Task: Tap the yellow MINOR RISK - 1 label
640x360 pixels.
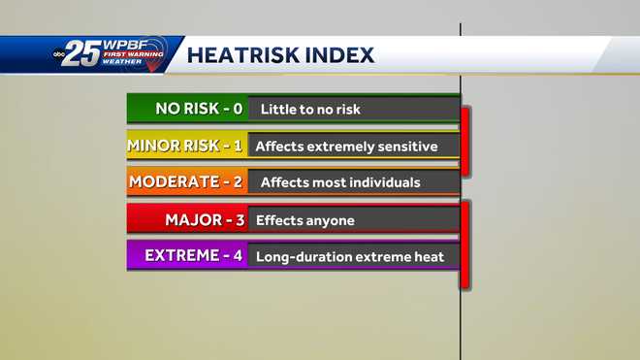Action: click(185, 147)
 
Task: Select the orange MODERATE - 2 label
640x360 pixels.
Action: click(186, 181)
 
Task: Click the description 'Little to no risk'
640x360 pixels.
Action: click(307, 110)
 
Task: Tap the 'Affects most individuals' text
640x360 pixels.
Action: click(340, 182)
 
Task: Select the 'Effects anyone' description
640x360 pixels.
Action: click(305, 221)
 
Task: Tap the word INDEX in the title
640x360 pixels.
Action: click(340, 55)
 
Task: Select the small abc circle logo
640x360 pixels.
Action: click(59, 54)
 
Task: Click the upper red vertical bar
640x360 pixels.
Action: click(465, 141)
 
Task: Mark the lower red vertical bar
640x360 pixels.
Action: click(465, 245)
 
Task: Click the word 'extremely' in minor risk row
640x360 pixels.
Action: click(345, 147)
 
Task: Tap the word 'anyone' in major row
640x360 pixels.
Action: click(330, 221)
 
